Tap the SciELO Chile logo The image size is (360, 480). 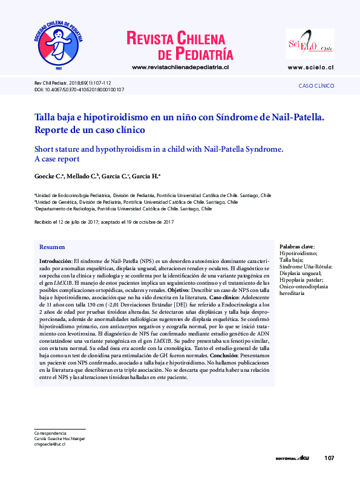coord(310,44)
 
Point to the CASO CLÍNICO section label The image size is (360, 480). coord(316,86)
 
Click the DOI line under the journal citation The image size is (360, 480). coord(79,89)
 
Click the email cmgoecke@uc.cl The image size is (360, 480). coord(50,444)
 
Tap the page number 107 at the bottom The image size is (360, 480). coord(329,458)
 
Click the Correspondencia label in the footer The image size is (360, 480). coord(50,433)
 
